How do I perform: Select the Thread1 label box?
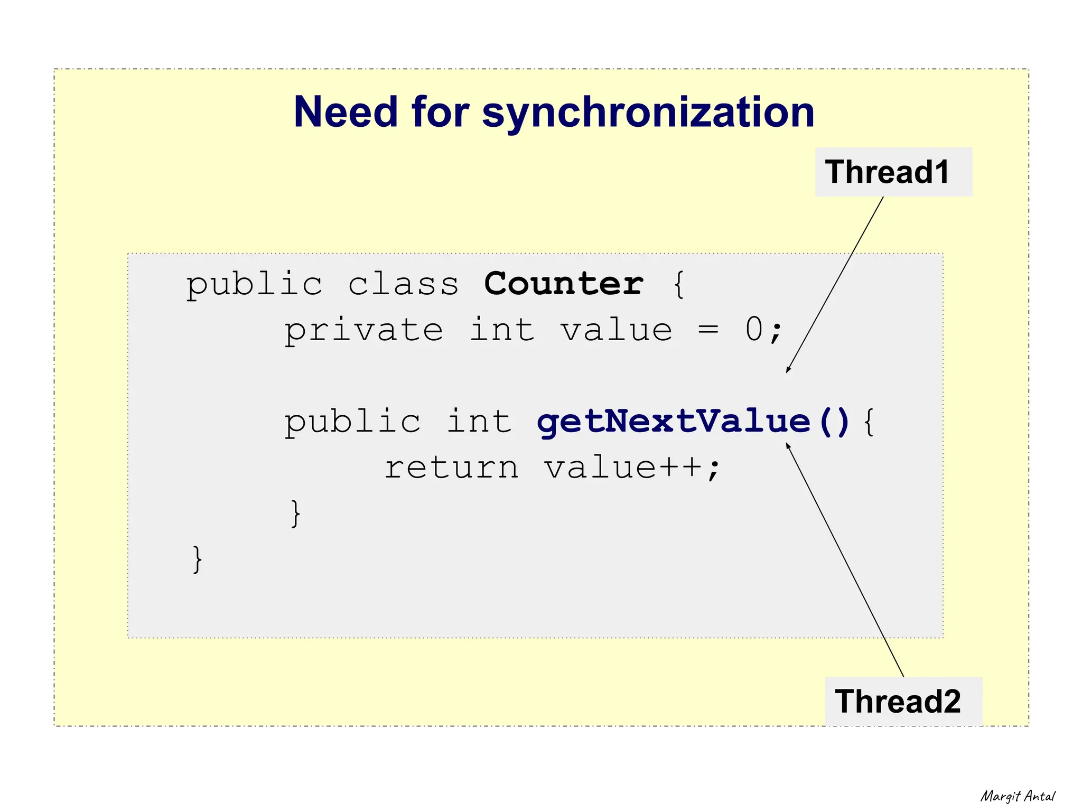click(x=893, y=172)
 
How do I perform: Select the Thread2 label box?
click(x=903, y=702)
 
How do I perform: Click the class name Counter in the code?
click(x=564, y=284)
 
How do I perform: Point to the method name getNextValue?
click(x=673, y=422)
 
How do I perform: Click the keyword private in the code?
click(x=363, y=331)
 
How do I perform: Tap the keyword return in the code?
click(x=451, y=468)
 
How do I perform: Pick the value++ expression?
click(x=623, y=468)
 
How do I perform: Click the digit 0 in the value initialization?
click(x=754, y=330)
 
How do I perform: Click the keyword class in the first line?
click(x=403, y=284)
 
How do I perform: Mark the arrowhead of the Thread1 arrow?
click(x=788, y=370)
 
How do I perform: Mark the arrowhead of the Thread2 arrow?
click(x=788, y=445)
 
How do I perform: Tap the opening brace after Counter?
click(x=679, y=285)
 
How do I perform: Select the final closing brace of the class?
click(x=197, y=559)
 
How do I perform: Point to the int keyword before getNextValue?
click(x=479, y=422)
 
